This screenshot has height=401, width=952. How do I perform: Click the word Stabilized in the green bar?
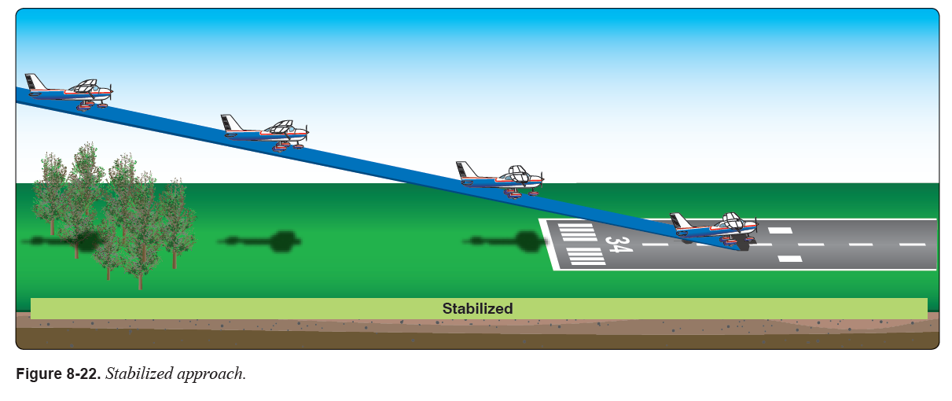pyautogui.click(x=477, y=309)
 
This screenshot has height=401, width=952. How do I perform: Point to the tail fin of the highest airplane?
pyautogui.click(x=35, y=82)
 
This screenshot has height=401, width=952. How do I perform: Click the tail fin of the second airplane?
pyautogui.click(x=230, y=123)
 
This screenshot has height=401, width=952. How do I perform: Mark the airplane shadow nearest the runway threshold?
pyautogui.click(x=511, y=241)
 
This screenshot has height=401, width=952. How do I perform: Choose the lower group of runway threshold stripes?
pyautogui.click(x=586, y=256)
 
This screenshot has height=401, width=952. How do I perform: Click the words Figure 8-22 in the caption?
pyautogui.click(x=57, y=373)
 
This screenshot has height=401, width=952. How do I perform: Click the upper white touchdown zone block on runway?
pyautogui.click(x=780, y=230)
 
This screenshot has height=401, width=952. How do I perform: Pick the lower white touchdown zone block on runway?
pyautogui.click(x=789, y=258)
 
